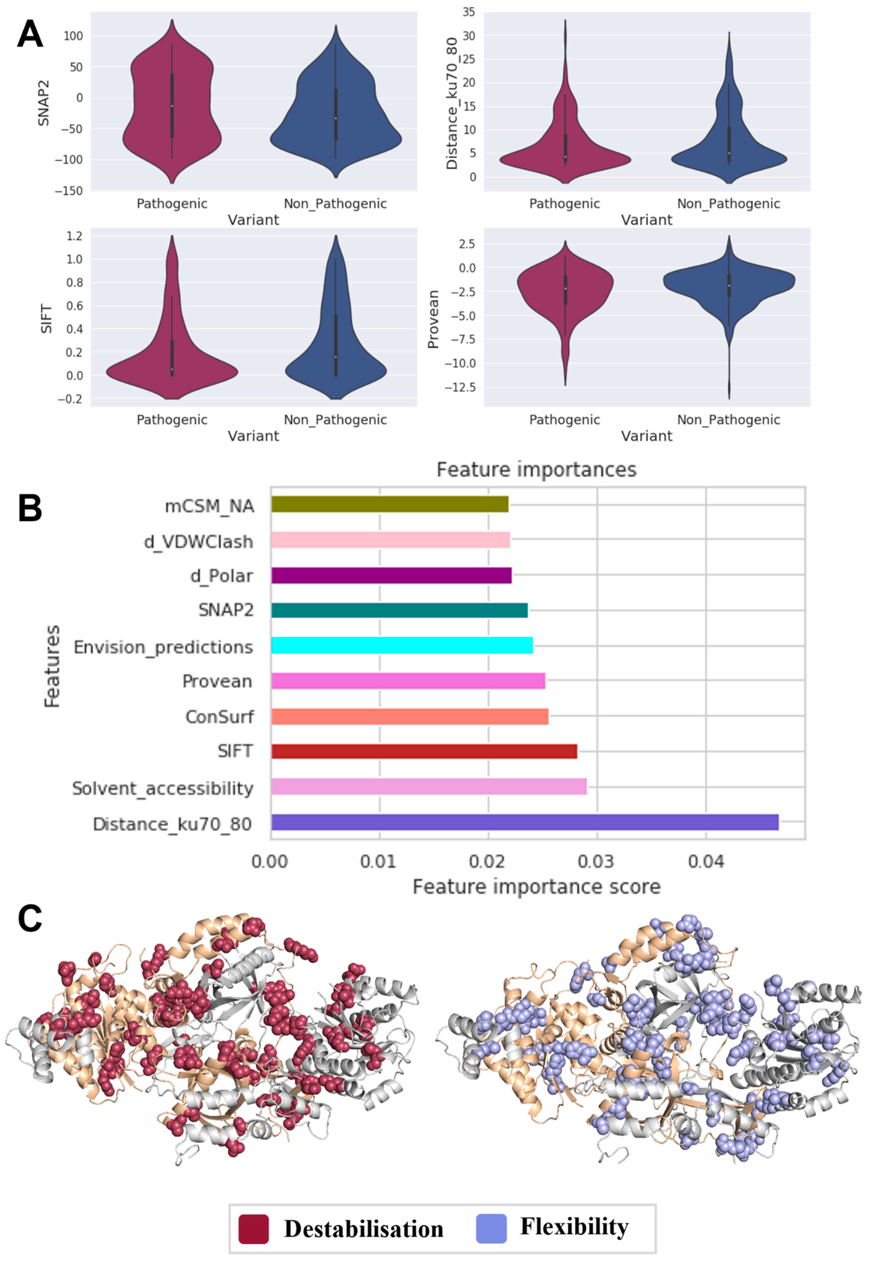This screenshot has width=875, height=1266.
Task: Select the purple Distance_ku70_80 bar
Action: (x=525, y=822)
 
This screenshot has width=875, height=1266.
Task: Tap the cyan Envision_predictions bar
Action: (x=402, y=645)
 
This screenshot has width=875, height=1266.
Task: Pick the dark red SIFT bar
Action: (x=424, y=751)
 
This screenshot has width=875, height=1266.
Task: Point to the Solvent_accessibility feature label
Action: (x=163, y=788)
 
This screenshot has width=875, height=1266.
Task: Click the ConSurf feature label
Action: (x=219, y=716)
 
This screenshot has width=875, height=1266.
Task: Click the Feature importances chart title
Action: (x=536, y=470)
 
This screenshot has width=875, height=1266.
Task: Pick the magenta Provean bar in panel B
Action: (x=408, y=681)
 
